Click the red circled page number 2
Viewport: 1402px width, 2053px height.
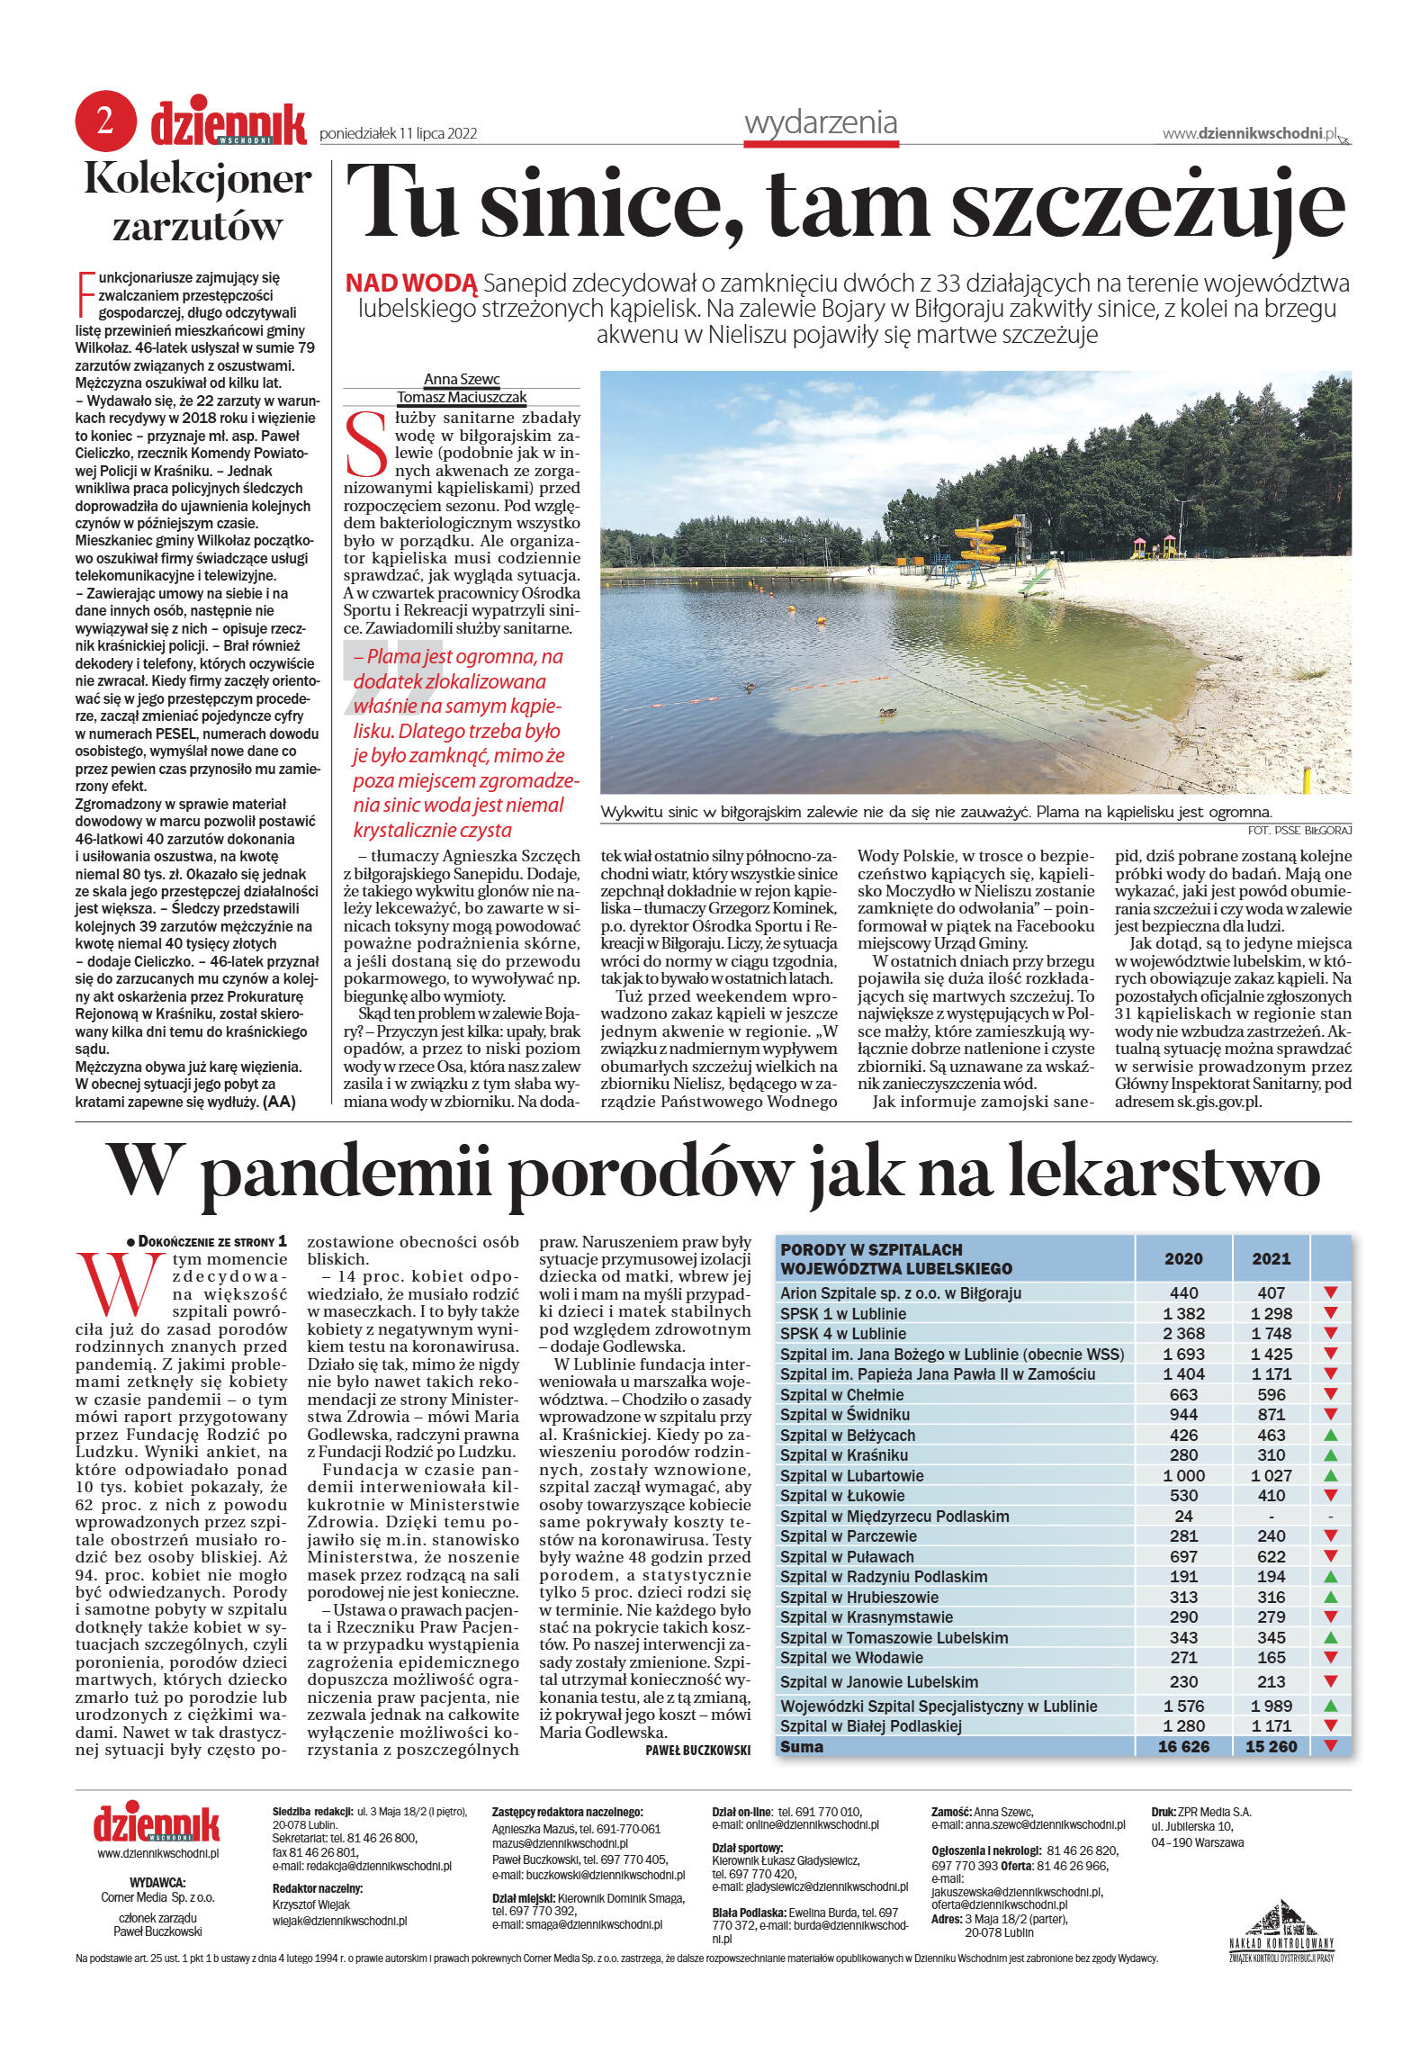[x=105, y=121]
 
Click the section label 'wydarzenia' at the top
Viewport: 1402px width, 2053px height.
[x=821, y=122]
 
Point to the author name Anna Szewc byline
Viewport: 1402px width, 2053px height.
[x=462, y=379]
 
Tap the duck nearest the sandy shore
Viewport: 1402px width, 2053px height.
[x=887, y=712]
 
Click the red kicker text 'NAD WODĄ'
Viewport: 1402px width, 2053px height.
[x=411, y=284]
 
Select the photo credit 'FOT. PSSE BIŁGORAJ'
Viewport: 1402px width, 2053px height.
[x=1299, y=830]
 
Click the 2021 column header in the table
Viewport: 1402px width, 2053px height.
[x=1271, y=1258]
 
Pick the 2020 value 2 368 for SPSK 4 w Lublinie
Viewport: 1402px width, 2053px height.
[x=1183, y=1333]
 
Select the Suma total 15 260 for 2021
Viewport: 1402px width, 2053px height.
[x=1271, y=1746]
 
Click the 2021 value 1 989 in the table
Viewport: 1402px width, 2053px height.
[x=1271, y=1706]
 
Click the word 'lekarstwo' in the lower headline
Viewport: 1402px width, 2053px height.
[x=1162, y=1173]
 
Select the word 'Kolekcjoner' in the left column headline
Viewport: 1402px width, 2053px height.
[x=198, y=179]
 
